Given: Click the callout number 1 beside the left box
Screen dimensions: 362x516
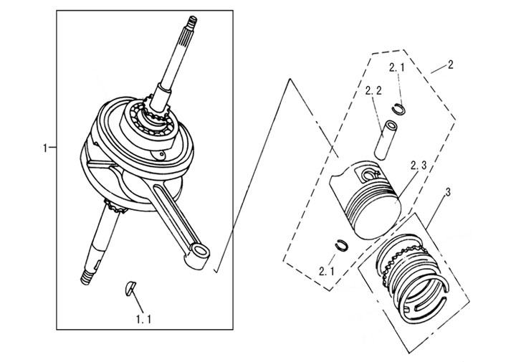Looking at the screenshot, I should [46, 148].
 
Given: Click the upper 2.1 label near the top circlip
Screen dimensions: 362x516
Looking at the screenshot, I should [397, 68].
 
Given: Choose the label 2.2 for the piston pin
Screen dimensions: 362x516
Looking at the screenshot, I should [373, 91].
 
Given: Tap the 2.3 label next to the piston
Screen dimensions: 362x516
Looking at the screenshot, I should [419, 166].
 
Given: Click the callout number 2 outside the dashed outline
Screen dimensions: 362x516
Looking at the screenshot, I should [449, 65].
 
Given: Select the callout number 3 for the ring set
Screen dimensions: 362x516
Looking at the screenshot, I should [447, 192].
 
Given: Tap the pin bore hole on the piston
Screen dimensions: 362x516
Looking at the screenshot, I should [371, 174].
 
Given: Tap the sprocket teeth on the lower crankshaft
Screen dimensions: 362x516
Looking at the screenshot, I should [115, 210].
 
